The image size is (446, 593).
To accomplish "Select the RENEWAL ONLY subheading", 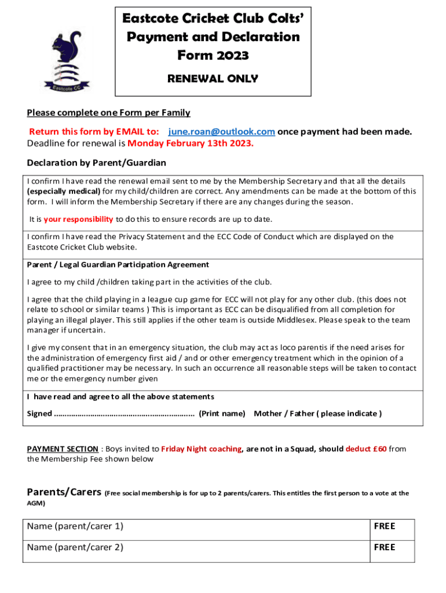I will click(213, 78).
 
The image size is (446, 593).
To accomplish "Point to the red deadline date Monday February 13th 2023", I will click(191, 144).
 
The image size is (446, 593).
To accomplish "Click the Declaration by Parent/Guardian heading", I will click(97, 163).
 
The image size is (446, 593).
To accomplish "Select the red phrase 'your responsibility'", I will click(79, 219).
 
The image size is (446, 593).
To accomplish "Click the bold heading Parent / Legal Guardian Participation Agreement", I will click(118, 265).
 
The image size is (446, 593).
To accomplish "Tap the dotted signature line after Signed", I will click(125, 413).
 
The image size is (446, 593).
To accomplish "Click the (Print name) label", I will click(222, 413).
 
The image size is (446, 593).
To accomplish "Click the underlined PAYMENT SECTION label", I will click(63, 449).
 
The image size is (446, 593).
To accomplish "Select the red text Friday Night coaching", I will click(201, 449).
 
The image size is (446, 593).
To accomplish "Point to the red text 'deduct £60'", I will click(366, 449).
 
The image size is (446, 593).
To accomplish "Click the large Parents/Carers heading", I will click(64, 492).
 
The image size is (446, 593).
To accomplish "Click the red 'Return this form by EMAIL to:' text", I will click(94, 131).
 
